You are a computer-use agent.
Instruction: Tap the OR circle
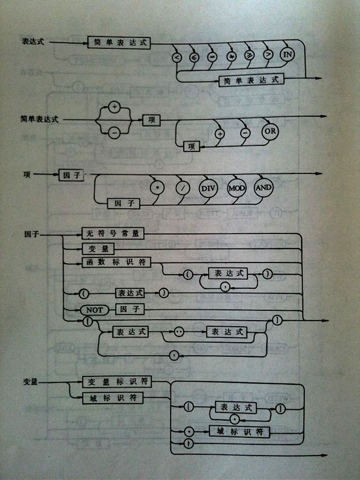(x=270, y=132)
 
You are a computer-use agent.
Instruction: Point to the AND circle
(x=263, y=187)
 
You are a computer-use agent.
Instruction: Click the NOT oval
(x=94, y=310)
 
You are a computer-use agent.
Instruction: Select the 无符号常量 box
(x=112, y=233)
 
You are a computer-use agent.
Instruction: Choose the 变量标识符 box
(x=117, y=382)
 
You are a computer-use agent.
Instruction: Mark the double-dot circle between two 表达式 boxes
(x=179, y=332)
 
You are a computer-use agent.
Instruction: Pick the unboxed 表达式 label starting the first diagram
(x=32, y=41)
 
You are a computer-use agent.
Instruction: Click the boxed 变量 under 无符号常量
(x=95, y=248)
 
